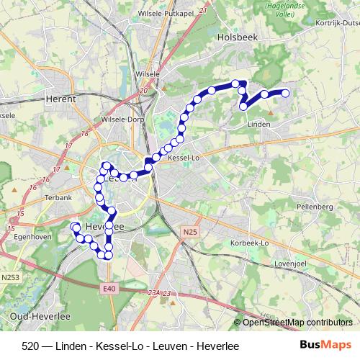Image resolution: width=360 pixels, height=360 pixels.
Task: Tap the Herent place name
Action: click(x=60, y=99)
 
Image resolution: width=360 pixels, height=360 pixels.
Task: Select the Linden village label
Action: click(x=258, y=125)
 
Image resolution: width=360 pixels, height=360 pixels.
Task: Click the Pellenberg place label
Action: click(x=315, y=207)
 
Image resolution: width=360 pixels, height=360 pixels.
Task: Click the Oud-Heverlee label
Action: click(x=33, y=316)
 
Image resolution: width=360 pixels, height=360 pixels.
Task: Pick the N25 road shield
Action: click(x=189, y=231)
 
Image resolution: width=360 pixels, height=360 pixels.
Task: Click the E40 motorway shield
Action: click(x=109, y=289)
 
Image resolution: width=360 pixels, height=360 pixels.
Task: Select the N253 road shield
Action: click(x=11, y=277)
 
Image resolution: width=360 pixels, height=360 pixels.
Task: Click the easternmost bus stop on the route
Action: click(x=285, y=93)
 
